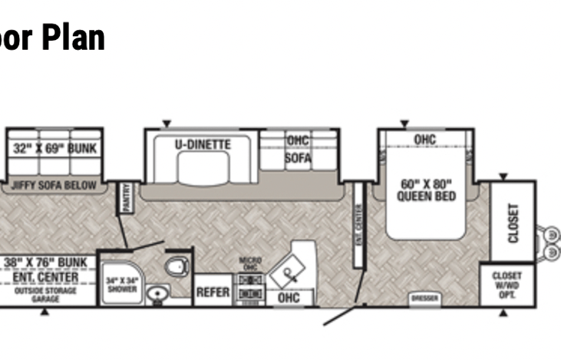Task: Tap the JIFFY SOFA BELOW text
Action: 54,185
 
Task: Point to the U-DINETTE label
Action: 202,144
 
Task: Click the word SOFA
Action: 299,159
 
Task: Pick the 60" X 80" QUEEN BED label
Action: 427,190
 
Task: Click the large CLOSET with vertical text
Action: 513,223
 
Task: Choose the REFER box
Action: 213,292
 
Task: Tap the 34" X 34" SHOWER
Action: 121,284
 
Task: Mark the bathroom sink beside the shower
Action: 159,293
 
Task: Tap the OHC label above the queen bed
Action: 424,140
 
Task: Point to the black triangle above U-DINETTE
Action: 166,123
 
